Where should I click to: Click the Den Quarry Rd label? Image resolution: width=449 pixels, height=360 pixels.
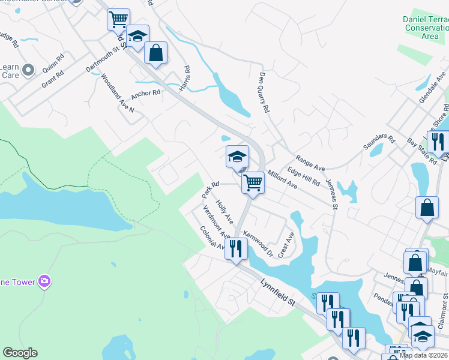pyautogui.click(x=265, y=94)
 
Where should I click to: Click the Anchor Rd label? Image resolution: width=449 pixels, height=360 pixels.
pyautogui.click(x=146, y=93)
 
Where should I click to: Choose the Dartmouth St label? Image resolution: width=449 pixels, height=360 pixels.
pyautogui.click(x=100, y=58)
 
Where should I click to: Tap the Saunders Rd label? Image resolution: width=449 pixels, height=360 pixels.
pyautogui.click(x=379, y=143)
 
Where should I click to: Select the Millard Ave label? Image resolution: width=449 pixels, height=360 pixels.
pyautogui.click(x=282, y=179)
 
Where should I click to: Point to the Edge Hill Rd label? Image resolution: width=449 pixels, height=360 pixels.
pyautogui.click(x=303, y=176)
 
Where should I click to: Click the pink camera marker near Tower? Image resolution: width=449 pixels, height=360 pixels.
pyautogui.click(x=43, y=280)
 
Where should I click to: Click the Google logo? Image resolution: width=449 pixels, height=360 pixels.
pyautogui.click(x=20, y=353)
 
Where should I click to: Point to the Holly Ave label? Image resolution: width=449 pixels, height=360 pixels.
pyautogui.click(x=224, y=212)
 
